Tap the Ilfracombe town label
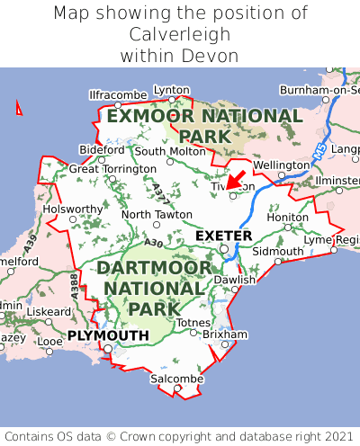118,94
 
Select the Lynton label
172,90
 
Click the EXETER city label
223,236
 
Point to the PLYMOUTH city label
108,335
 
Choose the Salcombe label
177,380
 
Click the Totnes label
194,322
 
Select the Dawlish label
235,280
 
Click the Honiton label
288,217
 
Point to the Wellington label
281,165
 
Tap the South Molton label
170,151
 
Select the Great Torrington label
112,168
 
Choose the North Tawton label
157,215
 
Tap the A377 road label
159,191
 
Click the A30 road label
152,243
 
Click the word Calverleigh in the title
180,34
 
